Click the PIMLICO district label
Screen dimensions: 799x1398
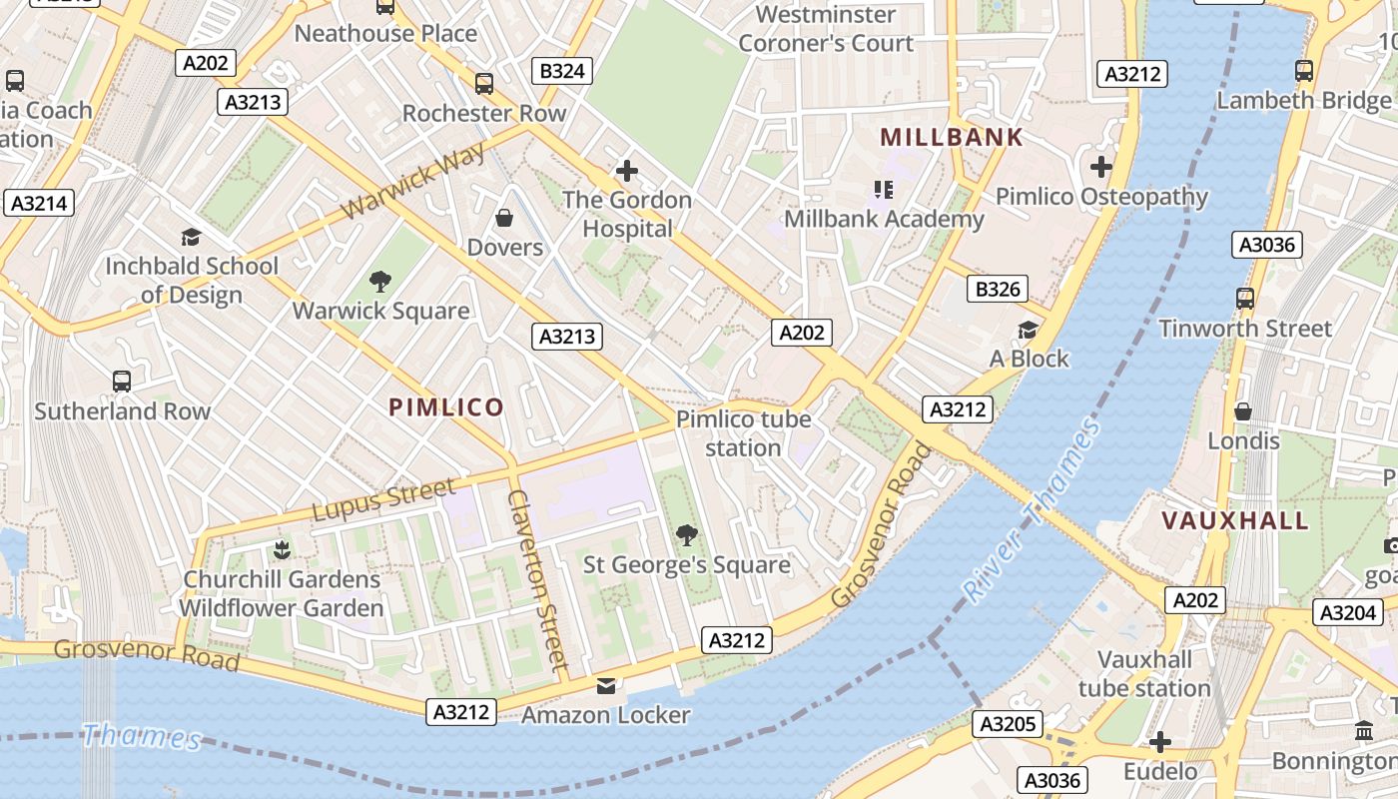[x=446, y=407]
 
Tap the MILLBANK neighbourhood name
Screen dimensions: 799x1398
[x=952, y=138]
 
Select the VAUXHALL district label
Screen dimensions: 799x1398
[x=1235, y=520]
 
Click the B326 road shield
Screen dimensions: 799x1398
[x=998, y=290]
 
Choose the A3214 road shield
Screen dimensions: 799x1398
[x=39, y=204]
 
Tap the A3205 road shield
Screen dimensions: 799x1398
[x=1010, y=724]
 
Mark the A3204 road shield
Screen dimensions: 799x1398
[x=1347, y=612]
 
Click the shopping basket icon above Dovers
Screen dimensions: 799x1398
[x=504, y=218]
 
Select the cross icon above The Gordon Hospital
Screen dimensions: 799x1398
[x=627, y=171]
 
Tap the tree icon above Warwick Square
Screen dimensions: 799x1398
[x=379, y=282]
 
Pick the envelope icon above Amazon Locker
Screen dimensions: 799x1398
[x=605, y=686]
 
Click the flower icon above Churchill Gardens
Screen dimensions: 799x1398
[x=282, y=549]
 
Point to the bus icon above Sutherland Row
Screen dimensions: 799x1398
[x=122, y=382]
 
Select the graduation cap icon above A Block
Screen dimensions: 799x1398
[x=1028, y=330]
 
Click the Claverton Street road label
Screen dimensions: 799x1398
[x=538, y=579]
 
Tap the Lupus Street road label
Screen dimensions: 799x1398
[x=383, y=499]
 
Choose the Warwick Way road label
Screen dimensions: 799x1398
[x=413, y=181]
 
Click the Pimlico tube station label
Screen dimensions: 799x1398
[x=743, y=433]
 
